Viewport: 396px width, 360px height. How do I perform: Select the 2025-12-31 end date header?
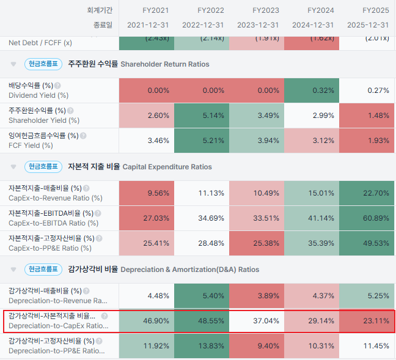[368, 24]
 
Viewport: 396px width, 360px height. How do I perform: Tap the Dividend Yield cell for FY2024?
[312, 90]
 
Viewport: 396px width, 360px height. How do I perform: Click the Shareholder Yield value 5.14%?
[202, 116]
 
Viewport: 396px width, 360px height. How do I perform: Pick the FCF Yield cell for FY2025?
[367, 141]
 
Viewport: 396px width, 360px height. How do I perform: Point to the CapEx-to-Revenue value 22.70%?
[367, 193]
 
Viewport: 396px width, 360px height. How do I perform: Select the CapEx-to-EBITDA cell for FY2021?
[147, 218]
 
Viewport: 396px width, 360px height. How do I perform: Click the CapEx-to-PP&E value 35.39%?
[312, 243]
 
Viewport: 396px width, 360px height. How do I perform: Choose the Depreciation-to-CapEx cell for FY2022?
[202, 321]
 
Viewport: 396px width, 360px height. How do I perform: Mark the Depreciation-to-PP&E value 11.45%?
[367, 346]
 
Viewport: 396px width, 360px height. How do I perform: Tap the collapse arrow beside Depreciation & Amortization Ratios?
[12, 270]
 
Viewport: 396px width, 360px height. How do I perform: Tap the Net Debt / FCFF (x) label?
[40, 43]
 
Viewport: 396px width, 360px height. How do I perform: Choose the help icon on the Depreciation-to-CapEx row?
[104, 317]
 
